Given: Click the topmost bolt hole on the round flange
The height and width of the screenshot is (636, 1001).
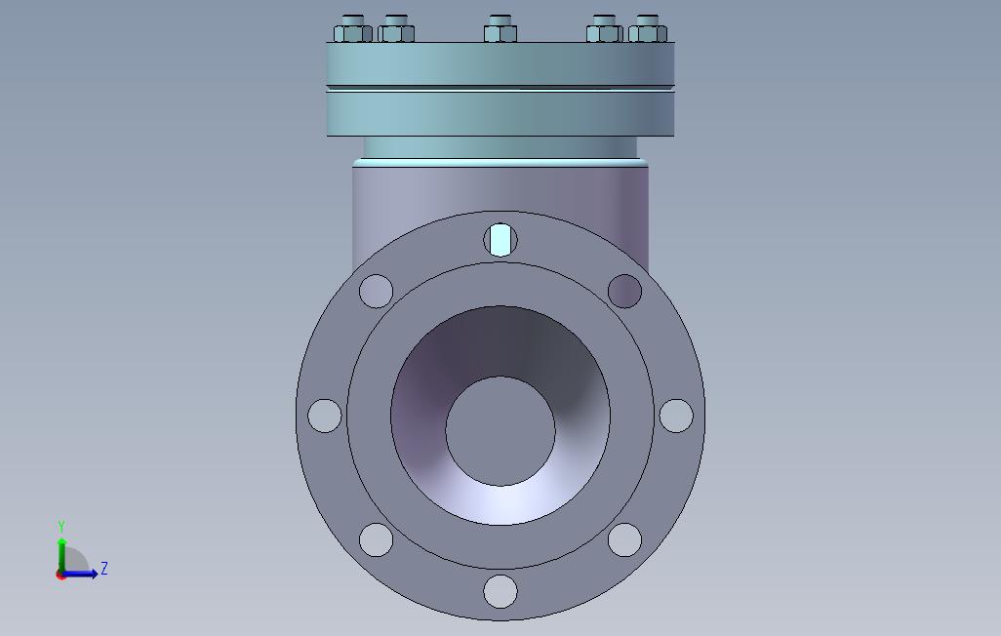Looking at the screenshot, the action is click(x=500, y=240).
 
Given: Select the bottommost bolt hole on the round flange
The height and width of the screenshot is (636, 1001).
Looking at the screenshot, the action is click(x=500, y=591).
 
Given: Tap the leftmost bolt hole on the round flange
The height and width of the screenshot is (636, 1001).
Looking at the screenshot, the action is click(x=324, y=416).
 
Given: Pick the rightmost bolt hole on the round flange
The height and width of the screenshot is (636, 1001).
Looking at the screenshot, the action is click(x=676, y=416).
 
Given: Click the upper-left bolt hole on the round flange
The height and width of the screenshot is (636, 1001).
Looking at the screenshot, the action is click(x=376, y=292).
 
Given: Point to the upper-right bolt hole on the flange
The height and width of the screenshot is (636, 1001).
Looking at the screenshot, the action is click(x=625, y=292).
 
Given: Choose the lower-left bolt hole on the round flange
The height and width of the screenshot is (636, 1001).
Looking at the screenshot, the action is click(x=376, y=539).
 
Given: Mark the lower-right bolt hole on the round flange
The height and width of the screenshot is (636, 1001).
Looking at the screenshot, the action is click(x=625, y=539).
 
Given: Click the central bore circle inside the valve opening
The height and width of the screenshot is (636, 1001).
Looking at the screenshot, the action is click(x=500, y=431).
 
